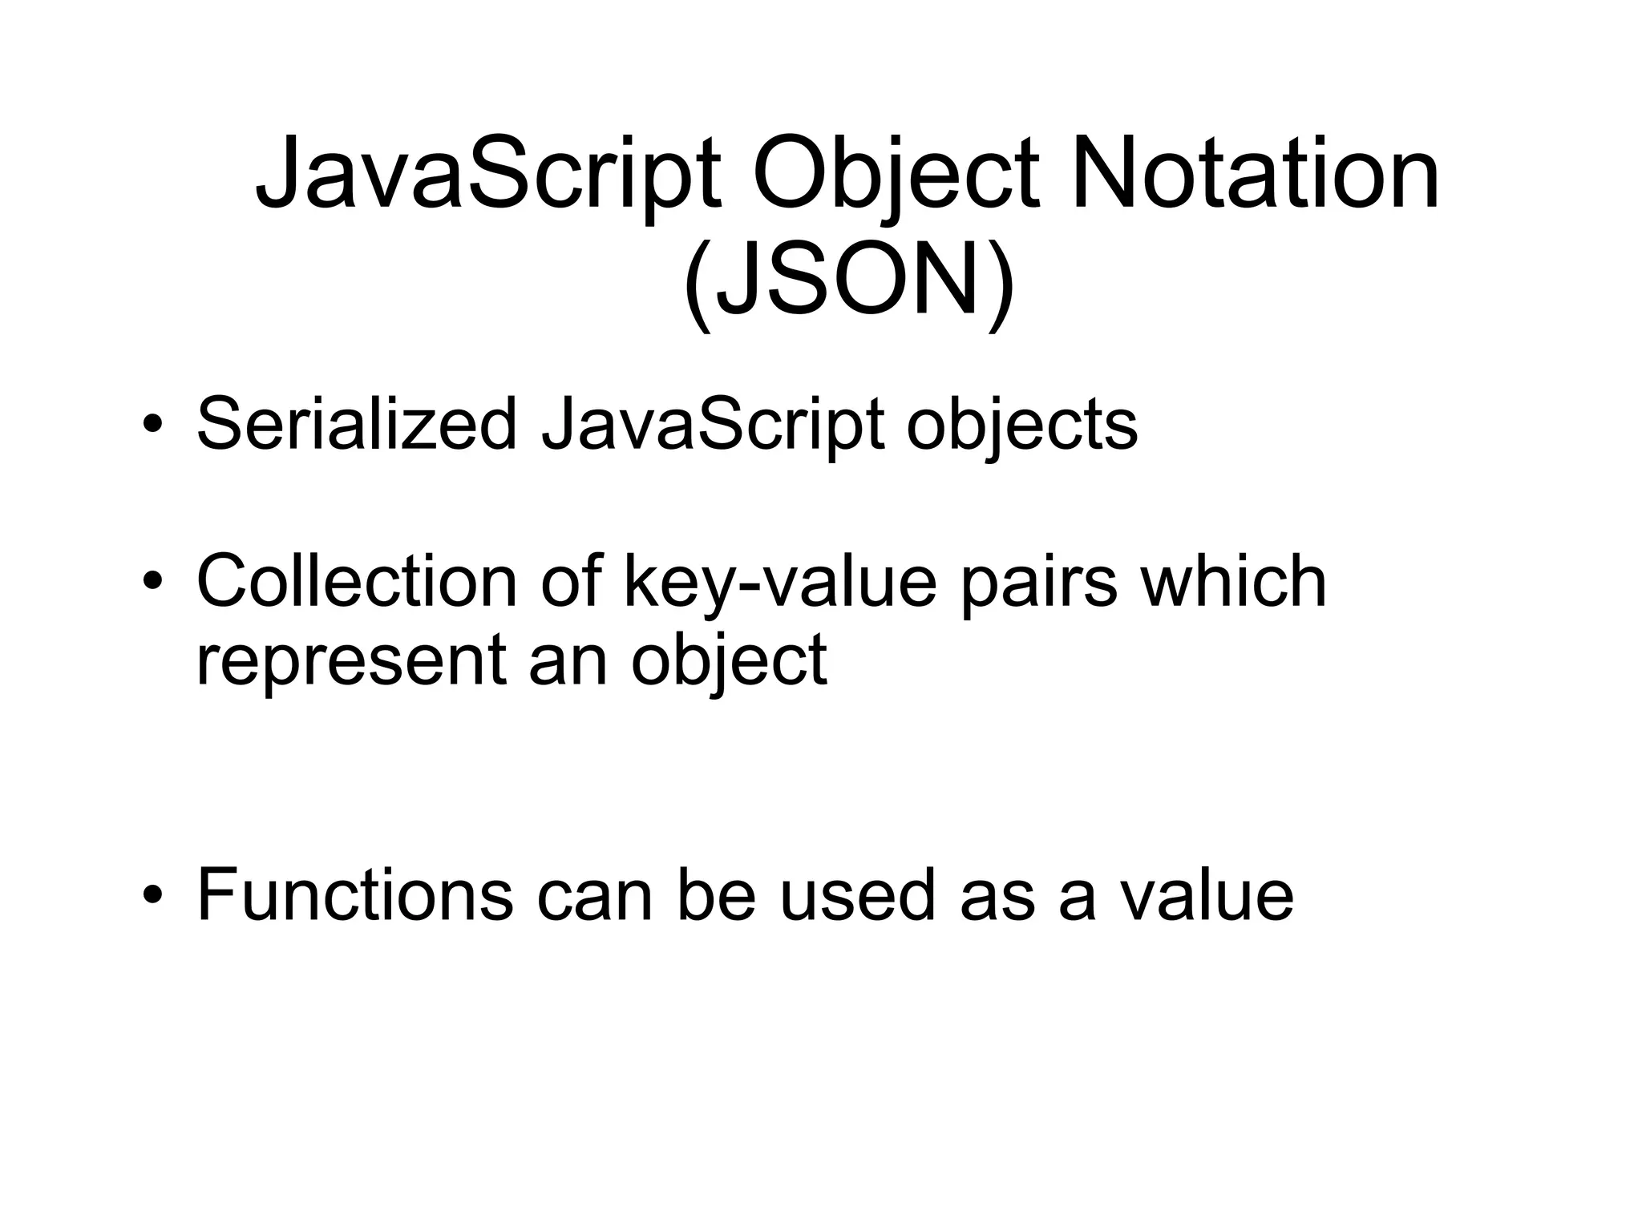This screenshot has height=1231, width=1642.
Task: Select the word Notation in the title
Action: (x=1254, y=175)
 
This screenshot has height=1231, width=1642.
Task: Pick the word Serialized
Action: (x=357, y=425)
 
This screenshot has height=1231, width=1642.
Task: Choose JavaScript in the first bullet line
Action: (x=713, y=425)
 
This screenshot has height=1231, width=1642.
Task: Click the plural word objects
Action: (x=1021, y=425)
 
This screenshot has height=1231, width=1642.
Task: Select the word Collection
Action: (x=357, y=581)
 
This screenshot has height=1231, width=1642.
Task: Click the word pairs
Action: (x=1038, y=581)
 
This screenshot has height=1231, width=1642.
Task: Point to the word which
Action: (x=1234, y=581)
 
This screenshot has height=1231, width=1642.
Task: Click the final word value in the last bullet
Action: (x=1207, y=895)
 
